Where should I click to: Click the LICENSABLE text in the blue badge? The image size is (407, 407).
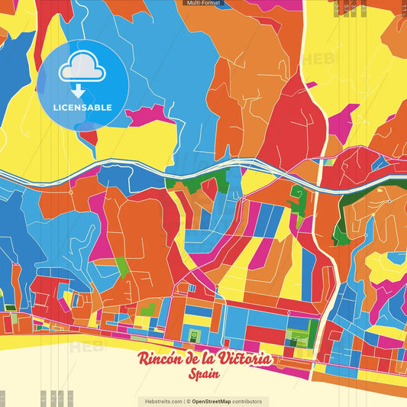(82, 107)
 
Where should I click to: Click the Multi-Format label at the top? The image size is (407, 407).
(203, 3)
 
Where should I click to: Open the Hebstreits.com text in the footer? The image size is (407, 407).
(160, 401)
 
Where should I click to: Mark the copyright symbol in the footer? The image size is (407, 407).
(188, 401)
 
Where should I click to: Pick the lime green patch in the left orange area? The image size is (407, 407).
(122, 267)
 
